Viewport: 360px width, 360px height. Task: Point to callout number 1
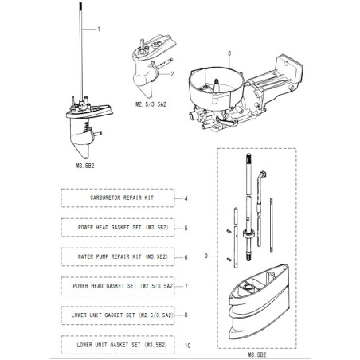[x=100, y=29]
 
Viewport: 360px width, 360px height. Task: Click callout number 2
[x=172, y=74]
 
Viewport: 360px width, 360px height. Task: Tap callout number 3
[x=229, y=53]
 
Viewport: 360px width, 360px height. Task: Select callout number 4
[x=185, y=197]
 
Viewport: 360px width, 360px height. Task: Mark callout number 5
[x=185, y=228]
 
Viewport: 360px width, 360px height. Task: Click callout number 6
[x=185, y=257]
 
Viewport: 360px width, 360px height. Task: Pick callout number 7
[x=185, y=286]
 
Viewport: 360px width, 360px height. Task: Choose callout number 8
[x=185, y=315]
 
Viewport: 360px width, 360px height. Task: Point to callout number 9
[x=206, y=256]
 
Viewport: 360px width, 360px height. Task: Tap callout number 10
[x=187, y=346]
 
